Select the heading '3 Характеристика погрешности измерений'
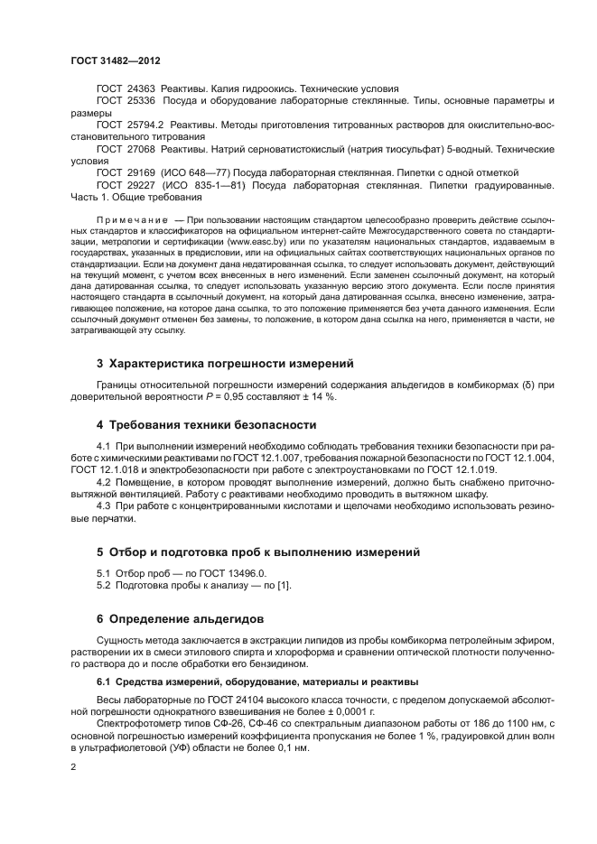click(x=224, y=364)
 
